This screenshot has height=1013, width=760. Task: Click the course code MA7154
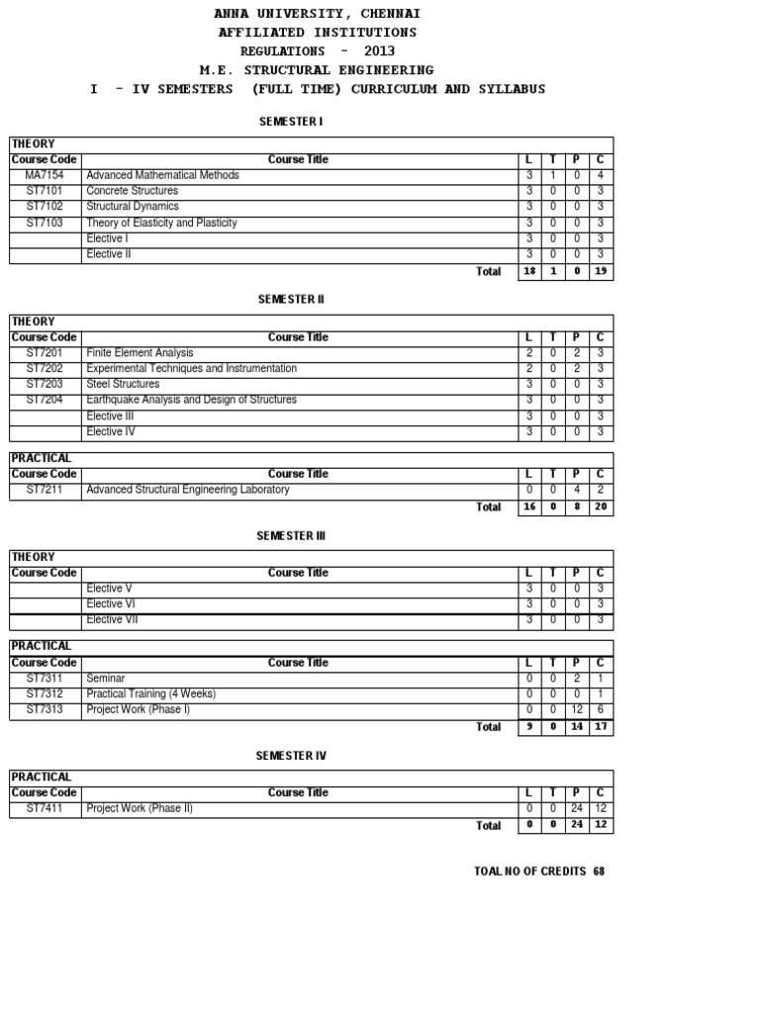(x=45, y=175)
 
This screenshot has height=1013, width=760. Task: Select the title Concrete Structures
(x=133, y=191)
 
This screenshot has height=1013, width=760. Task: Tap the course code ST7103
(x=45, y=223)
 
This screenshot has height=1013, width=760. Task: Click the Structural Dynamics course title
(x=133, y=207)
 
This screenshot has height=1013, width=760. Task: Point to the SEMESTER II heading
(x=291, y=299)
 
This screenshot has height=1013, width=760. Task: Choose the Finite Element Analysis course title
(x=140, y=353)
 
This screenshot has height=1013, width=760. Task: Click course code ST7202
(x=45, y=369)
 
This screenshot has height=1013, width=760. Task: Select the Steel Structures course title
(x=123, y=385)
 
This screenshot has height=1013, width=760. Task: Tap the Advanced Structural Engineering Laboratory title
(x=188, y=490)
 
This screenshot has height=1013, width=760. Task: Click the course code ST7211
(x=45, y=490)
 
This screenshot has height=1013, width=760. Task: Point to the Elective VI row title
(x=104, y=604)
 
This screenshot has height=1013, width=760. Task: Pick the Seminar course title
(x=106, y=679)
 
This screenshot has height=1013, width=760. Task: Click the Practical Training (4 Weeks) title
(x=150, y=694)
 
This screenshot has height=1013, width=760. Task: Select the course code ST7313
(x=45, y=710)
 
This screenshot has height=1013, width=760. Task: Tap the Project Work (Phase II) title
(x=140, y=808)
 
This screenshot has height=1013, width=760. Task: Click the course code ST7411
(x=45, y=808)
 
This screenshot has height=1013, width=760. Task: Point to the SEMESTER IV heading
(x=291, y=756)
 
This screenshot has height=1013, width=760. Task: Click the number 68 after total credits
(x=599, y=872)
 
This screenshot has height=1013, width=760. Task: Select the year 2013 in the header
(x=379, y=51)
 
